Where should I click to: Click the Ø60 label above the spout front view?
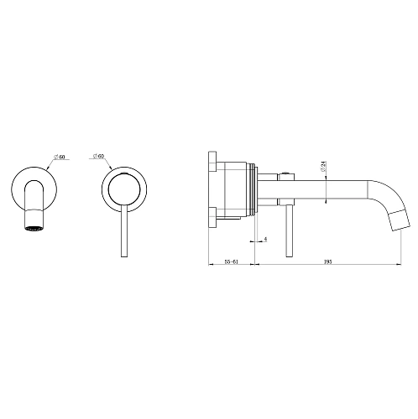click(60, 156)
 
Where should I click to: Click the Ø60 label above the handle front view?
click(98, 156)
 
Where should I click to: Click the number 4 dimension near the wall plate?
click(265, 240)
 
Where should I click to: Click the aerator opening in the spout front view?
click(33, 226)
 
